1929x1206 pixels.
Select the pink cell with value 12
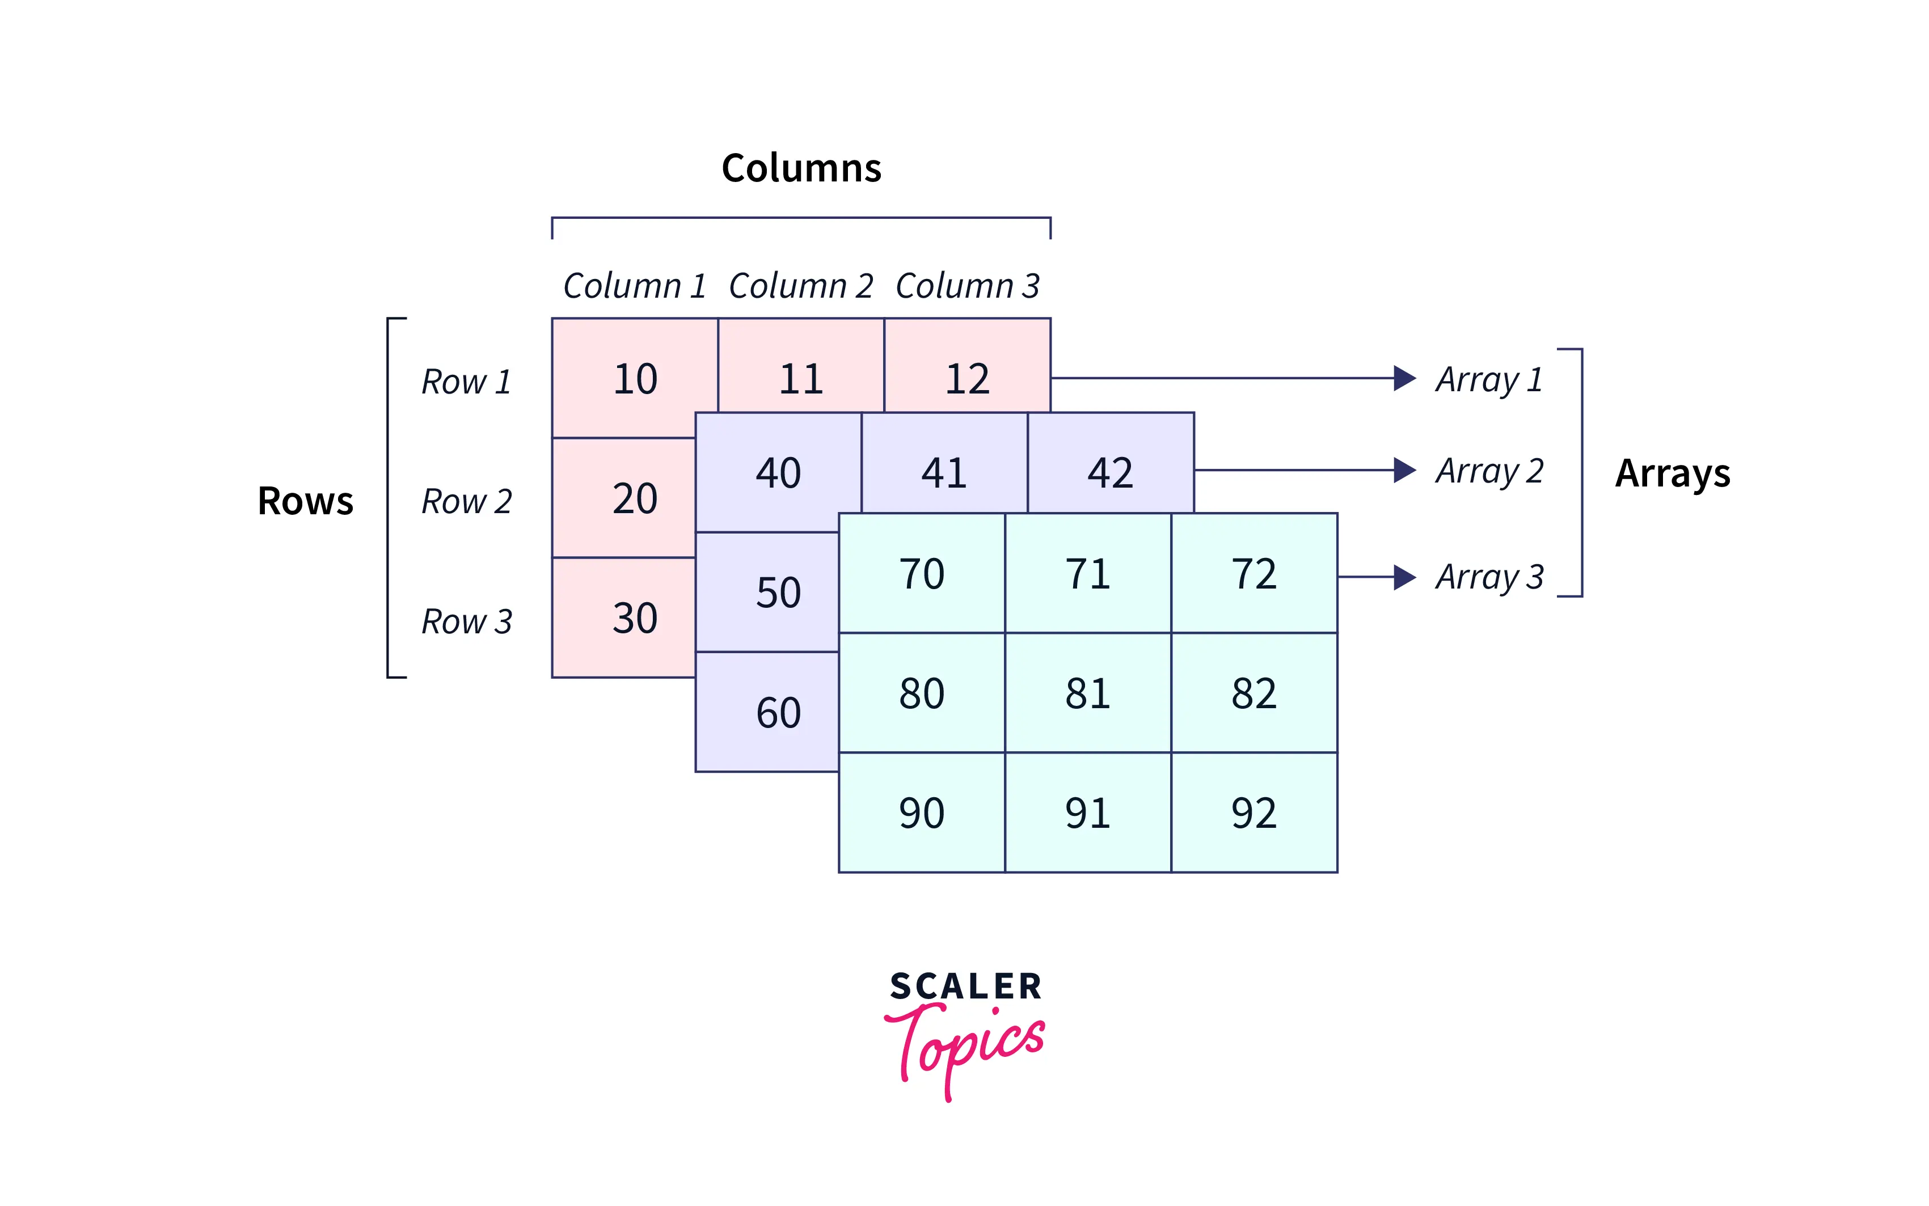(968, 366)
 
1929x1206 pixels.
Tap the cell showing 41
(944, 463)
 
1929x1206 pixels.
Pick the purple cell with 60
(767, 712)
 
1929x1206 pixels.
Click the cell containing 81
(1088, 692)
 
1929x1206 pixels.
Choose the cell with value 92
(1254, 812)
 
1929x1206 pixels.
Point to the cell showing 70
(922, 573)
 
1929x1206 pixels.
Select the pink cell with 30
(624, 617)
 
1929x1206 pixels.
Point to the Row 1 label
(466, 381)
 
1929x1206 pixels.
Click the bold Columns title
(802, 167)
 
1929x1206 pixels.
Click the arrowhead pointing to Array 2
(1405, 471)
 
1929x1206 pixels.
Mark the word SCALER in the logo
(966, 987)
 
